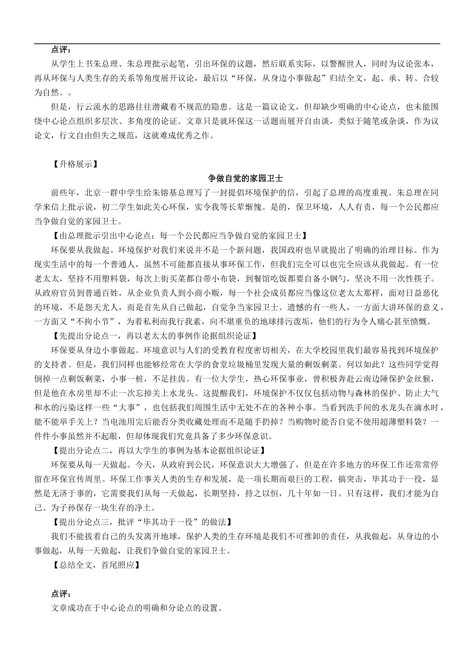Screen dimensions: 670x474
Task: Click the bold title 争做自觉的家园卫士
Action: pyautogui.click(x=245, y=178)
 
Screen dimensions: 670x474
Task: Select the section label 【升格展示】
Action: pyautogui.click(x=74, y=164)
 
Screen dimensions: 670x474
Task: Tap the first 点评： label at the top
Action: pyautogui.click(x=61, y=50)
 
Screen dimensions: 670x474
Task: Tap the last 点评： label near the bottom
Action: pyautogui.click(x=61, y=594)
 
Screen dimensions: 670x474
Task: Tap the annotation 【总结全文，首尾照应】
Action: pyautogui.click(x=95, y=565)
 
